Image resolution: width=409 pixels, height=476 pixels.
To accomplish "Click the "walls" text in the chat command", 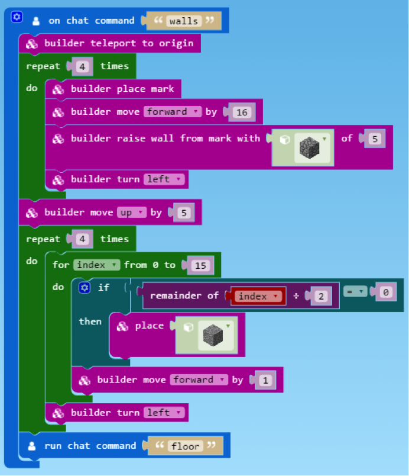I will (x=184, y=21).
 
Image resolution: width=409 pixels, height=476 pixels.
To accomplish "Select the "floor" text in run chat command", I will (x=185, y=446).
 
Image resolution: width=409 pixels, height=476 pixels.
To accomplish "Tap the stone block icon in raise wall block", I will (x=308, y=147).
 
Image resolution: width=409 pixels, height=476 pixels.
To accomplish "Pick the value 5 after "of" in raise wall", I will (x=374, y=139).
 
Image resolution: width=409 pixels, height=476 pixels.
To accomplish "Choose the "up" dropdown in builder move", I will (x=130, y=212).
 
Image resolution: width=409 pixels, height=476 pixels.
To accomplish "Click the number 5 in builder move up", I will (x=184, y=213).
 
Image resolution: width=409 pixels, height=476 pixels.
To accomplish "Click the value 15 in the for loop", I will (x=200, y=265).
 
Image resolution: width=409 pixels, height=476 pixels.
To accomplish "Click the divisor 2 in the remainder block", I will (x=321, y=296).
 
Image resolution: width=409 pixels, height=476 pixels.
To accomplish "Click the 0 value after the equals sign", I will (x=386, y=292).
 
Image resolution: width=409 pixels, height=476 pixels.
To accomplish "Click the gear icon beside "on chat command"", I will (x=17, y=17).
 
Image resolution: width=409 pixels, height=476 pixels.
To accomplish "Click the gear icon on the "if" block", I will (x=84, y=287).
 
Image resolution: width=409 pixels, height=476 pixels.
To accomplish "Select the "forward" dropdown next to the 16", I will (x=173, y=111).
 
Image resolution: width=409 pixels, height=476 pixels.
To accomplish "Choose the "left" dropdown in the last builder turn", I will (x=164, y=412).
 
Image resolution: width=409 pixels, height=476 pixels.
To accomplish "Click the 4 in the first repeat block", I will (x=83, y=67).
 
